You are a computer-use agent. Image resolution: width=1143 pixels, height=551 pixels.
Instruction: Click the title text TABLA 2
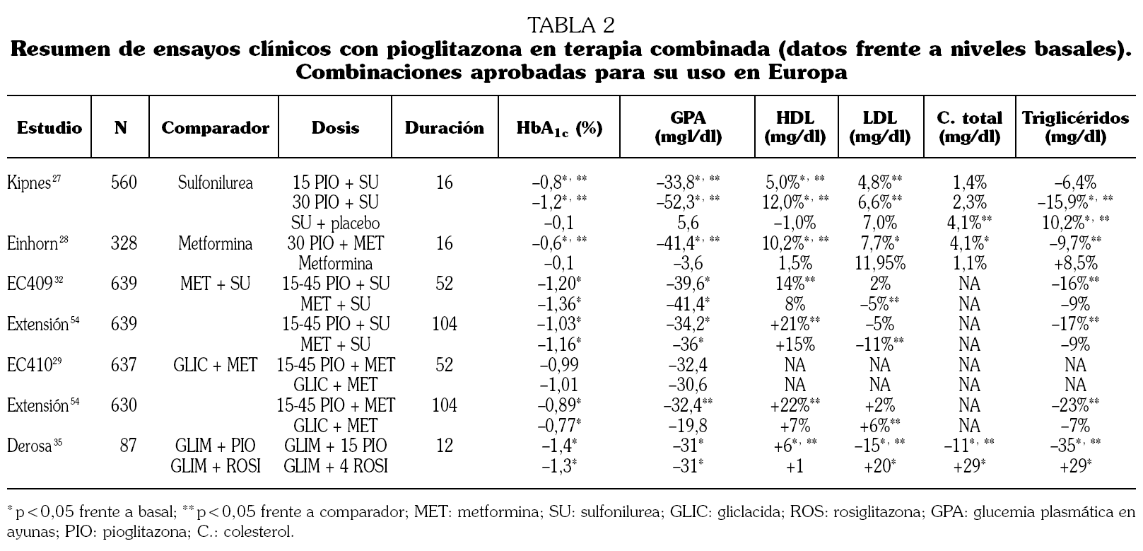coord(571,25)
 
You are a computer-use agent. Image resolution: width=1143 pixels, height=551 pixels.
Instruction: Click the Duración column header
coord(444,128)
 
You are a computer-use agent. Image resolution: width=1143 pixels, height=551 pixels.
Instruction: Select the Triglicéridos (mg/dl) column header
coord(1075,127)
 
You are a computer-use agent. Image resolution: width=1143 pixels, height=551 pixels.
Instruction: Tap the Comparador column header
coord(215,128)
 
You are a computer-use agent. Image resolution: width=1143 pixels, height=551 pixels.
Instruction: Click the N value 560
coord(124,182)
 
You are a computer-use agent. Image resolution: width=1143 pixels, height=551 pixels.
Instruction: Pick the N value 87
coord(128,446)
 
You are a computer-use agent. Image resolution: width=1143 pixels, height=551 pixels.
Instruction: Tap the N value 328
coord(124,243)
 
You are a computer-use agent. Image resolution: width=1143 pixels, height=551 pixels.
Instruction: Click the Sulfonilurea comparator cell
coord(215,182)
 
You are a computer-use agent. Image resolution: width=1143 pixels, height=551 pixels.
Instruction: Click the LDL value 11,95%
coord(879,263)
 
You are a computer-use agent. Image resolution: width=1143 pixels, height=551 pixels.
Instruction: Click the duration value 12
coord(444,446)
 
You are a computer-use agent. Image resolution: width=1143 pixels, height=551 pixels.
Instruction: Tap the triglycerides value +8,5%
coord(1075,263)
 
